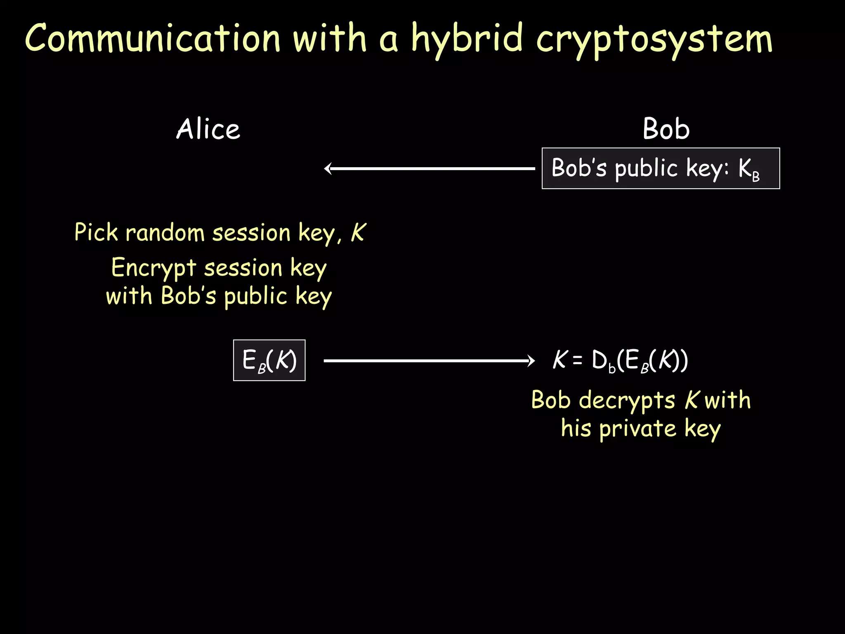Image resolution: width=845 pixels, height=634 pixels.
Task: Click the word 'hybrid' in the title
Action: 467,39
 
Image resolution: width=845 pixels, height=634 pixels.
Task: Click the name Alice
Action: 208,129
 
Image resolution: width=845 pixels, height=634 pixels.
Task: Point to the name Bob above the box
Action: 666,129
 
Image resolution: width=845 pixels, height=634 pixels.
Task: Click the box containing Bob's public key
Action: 661,168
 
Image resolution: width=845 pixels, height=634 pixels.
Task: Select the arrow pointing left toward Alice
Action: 429,168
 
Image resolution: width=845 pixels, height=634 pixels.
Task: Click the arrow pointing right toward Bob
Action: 429,361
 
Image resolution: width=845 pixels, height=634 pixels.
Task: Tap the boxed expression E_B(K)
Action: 269,360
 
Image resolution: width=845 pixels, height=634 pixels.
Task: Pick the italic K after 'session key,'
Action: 358,232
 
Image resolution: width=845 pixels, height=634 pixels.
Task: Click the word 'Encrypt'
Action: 153,268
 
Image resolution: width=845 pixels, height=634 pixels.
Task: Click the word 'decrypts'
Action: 627,401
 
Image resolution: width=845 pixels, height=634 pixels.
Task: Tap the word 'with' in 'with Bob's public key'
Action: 129,296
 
